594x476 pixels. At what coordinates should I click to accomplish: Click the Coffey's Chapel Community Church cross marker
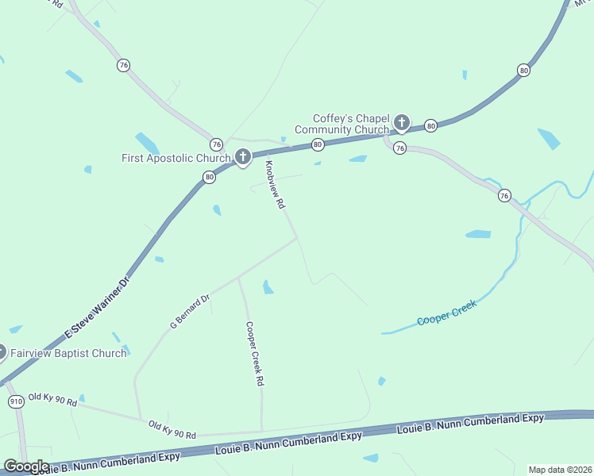402,122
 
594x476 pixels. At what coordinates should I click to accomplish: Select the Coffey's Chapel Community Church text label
341,124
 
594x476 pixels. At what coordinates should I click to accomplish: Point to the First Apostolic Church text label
175,158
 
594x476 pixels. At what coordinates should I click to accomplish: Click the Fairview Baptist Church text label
68,353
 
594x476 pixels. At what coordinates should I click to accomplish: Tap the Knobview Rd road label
275,184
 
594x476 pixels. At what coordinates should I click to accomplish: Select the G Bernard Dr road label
189,310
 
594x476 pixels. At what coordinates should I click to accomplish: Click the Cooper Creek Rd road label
254,353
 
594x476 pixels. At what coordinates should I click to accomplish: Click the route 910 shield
16,402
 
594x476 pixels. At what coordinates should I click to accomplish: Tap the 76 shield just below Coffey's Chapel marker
399,148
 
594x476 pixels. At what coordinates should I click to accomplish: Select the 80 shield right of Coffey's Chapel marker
430,125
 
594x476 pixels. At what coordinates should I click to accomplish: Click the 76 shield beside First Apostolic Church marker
216,144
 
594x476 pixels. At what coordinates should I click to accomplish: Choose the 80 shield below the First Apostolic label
209,178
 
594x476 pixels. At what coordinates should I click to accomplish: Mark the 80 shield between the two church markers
318,144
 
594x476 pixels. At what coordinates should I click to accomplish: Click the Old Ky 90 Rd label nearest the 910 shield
52,399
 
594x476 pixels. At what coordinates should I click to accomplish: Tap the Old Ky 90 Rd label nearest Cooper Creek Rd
172,430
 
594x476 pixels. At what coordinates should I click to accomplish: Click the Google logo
26,466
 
